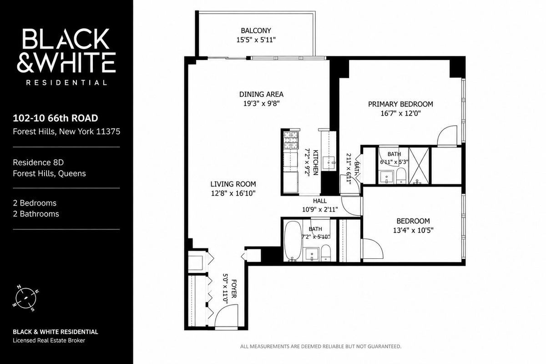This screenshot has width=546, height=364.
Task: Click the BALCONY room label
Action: [x=256, y=31]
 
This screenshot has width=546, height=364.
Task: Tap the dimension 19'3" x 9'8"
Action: [x=261, y=104]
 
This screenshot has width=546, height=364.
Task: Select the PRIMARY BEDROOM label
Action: [x=400, y=104]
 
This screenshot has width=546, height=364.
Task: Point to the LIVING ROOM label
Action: [x=233, y=184]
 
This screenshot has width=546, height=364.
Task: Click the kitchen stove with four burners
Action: [x=291, y=141]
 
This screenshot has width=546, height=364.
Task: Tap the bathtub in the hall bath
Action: [x=293, y=241]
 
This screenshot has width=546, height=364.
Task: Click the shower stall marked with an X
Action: [x=419, y=166]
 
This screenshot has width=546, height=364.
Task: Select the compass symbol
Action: [x=25, y=298]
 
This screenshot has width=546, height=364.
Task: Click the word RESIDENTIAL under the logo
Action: [x=66, y=83]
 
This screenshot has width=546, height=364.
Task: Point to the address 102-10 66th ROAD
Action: [x=56, y=118]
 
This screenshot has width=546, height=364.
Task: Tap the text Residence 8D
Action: [x=38, y=162]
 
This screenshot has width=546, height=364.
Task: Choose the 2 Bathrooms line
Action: [x=36, y=214]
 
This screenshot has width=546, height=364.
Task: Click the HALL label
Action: [x=320, y=201]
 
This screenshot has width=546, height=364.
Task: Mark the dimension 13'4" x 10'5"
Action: [x=413, y=230]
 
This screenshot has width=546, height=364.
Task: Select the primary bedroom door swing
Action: [x=447, y=136]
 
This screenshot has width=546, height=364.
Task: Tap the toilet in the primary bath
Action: [x=401, y=175]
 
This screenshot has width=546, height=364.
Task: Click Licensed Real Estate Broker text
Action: [x=49, y=340]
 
